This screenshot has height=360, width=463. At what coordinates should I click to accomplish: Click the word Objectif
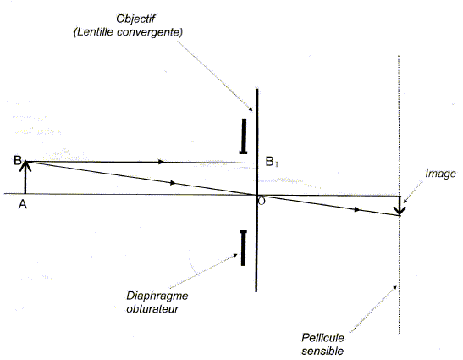135,19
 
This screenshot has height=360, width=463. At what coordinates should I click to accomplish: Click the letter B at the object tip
18,160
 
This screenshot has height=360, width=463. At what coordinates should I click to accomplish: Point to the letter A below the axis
23,204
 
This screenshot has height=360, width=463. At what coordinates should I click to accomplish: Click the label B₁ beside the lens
272,162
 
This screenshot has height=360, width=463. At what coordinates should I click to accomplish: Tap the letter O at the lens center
262,201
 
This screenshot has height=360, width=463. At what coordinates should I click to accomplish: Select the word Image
440,174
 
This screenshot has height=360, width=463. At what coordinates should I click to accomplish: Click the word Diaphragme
157,296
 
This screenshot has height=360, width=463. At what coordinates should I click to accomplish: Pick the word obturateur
152,308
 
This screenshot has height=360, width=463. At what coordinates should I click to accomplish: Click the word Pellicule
322,337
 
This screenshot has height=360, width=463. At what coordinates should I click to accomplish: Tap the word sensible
322,351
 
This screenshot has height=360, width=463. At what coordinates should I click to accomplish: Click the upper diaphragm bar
244,136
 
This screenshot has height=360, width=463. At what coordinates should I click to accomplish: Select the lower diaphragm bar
243,248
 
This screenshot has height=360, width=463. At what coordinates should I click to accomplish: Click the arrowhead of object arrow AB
25,165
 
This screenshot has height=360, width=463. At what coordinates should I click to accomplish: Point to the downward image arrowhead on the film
400,211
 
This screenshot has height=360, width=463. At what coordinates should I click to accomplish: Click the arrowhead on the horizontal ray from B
161,162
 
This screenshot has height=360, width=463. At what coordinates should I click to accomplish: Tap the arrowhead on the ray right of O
357,209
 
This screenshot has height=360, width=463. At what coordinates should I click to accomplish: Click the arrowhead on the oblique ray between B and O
173,183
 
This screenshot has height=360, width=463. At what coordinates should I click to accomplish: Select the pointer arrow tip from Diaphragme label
236,254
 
